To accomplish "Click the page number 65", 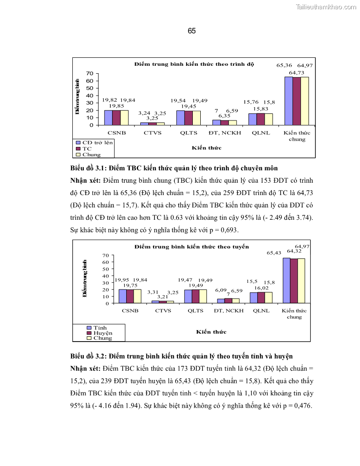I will (191, 31).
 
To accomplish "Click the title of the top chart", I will (194, 64).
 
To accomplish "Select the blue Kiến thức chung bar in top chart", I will (289, 101).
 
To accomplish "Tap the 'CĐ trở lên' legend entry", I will (94, 143).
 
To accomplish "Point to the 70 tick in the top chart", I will (89, 73).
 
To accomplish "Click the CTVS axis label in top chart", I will (152, 132).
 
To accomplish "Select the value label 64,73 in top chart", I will (297, 72).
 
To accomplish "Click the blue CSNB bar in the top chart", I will (109, 117).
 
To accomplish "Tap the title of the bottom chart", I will (191, 247).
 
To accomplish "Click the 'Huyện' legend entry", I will (102, 333).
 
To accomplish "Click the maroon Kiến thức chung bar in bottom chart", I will (294, 281).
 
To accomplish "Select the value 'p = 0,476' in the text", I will (293, 406).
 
